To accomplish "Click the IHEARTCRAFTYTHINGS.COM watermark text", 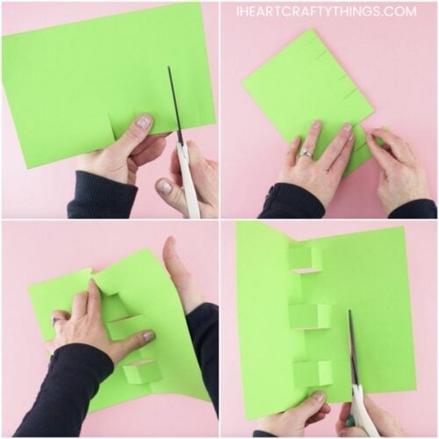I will (326, 11).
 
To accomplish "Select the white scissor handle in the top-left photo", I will (189, 180).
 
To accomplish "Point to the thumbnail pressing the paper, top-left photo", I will (143, 123).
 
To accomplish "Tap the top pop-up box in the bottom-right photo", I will (304, 258).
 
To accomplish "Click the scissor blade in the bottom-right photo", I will (353, 347).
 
